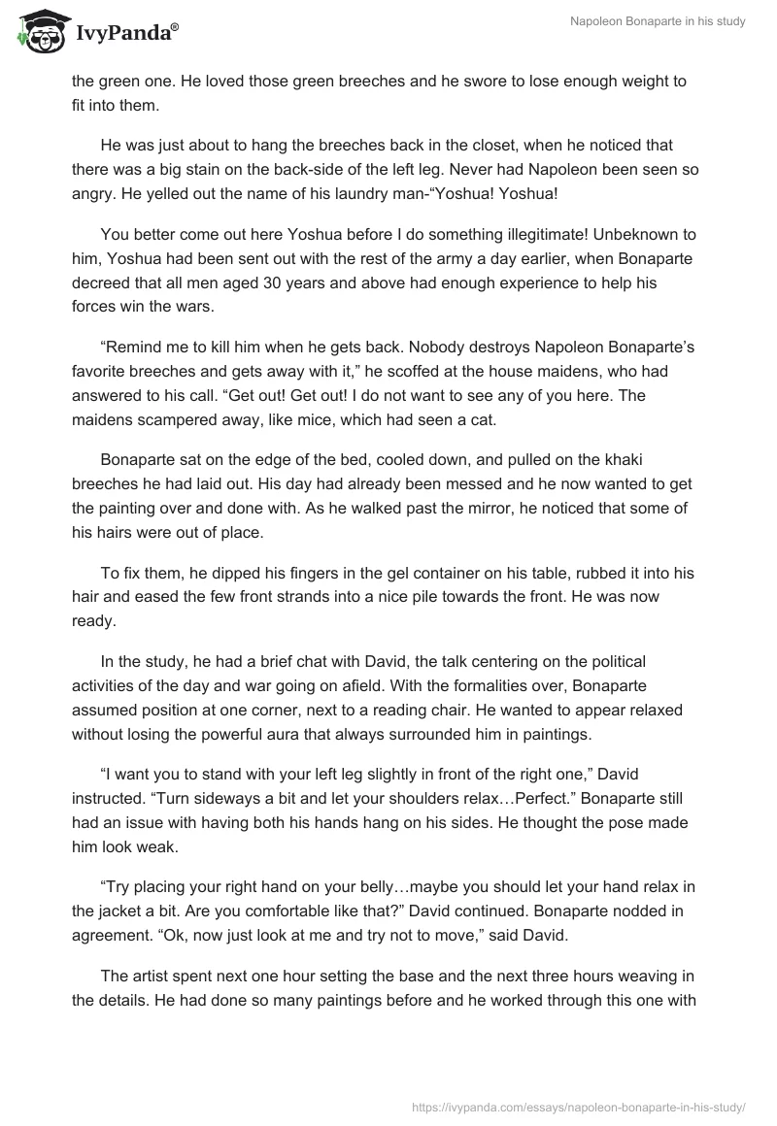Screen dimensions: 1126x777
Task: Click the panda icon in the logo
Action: tap(38, 31)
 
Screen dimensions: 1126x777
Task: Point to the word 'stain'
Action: tap(188, 169)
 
